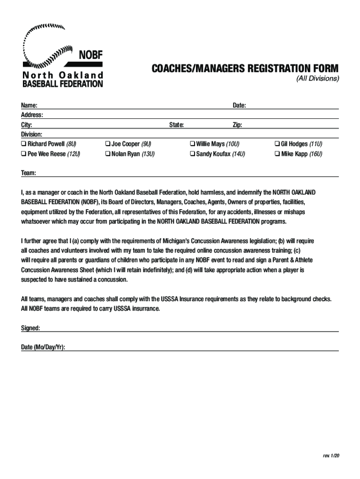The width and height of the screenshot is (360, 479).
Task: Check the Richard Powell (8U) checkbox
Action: click(x=23, y=144)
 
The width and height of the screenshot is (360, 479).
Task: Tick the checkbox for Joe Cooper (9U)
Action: click(x=107, y=144)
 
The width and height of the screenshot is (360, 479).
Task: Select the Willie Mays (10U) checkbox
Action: click(x=192, y=144)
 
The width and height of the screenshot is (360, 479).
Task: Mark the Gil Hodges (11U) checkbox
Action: click(x=277, y=144)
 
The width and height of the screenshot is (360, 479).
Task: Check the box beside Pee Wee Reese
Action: click(x=23, y=154)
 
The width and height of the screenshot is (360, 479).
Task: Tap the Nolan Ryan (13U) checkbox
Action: click(x=107, y=154)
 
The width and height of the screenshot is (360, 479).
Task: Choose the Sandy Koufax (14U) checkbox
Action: click(x=192, y=154)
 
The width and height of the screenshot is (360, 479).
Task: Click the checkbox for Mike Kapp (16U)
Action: click(x=277, y=154)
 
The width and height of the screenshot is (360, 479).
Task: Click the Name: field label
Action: click(x=29, y=105)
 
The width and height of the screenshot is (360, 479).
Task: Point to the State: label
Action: click(x=176, y=125)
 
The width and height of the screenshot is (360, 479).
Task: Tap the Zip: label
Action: click(x=238, y=125)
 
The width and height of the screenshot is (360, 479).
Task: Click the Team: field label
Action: click(x=29, y=173)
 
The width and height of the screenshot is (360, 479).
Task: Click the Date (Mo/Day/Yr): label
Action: click(x=43, y=347)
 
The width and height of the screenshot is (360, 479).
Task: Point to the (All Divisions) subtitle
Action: click(x=317, y=78)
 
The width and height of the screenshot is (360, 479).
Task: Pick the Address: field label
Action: click(x=32, y=115)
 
